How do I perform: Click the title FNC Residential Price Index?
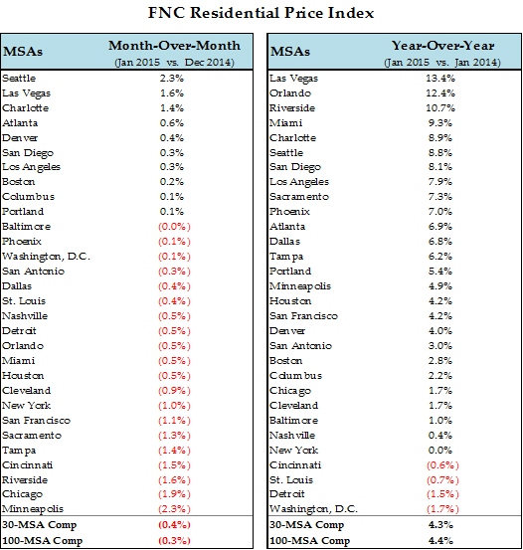pos(261,13)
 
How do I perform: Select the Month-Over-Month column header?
pos(174,46)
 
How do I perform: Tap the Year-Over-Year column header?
pos(442,46)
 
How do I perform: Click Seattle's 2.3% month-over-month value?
pos(172,78)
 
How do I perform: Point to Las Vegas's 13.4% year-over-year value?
pos(440,78)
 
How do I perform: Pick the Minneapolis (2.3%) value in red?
pos(174,509)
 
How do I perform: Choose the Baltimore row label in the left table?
pos(26,226)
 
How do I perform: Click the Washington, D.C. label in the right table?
pos(313,509)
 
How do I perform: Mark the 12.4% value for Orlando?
pos(440,92)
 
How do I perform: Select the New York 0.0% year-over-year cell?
pos(440,450)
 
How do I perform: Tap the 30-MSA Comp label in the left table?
pos(40,525)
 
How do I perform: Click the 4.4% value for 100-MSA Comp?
pos(440,540)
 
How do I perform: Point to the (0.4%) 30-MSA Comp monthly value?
pos(174,525)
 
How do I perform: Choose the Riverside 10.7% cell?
pos(440,108)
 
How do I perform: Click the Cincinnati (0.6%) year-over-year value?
pos(442,465)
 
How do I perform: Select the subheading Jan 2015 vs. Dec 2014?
pos(174,63)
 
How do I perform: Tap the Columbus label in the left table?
pos(29,197)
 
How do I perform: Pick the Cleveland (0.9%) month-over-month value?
pos(174,391)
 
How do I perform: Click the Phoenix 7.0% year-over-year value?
pos(440,212)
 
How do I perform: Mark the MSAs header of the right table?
pos(290,52)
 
